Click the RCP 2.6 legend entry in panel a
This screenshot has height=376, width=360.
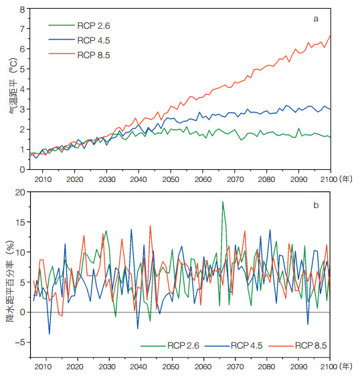(79, 25)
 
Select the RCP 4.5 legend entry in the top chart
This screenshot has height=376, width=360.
(79, 40)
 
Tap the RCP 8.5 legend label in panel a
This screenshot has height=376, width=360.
(94, 55)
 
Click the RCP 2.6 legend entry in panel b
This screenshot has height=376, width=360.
(170, 345)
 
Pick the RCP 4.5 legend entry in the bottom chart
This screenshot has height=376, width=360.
(234, 345)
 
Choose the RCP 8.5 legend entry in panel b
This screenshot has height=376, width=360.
(298, 345)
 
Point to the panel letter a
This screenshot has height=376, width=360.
(316, 19)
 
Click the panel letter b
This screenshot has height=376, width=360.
(316, 205)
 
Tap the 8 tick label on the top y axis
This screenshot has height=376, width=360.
(22, 9)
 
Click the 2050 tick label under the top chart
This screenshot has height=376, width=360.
(171, 179)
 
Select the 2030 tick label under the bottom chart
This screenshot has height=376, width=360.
(107, 367)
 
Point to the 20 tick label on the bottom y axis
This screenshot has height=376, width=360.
(20, 192)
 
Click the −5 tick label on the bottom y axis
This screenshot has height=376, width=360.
(19, 342)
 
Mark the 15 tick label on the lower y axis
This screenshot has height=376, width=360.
(20, 222)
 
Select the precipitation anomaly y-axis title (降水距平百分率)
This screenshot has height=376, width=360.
(10, 281)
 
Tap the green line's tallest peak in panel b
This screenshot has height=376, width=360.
(223, 201)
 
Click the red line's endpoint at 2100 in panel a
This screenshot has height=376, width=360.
(331, 35)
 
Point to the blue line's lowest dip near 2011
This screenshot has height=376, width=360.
(50, 334)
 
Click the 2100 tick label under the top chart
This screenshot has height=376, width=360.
(329, 179)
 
